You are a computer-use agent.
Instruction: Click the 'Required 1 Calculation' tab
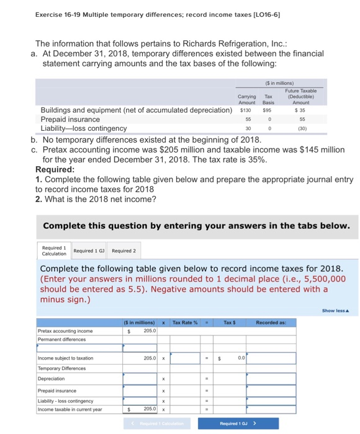54,250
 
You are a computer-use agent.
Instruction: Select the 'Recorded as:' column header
271,322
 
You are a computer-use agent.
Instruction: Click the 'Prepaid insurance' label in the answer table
56,391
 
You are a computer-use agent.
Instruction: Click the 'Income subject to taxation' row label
65,358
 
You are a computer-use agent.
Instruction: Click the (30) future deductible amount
300,128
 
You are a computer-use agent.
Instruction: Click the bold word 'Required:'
56,169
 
